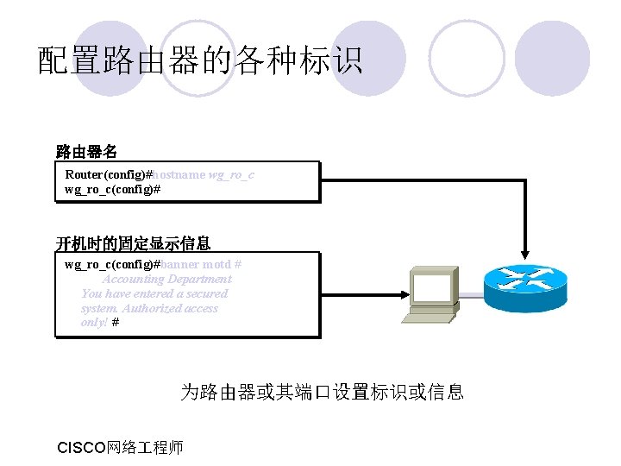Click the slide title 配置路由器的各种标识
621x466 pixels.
[x=200, y=60]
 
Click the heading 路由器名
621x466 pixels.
[x=86, y=152]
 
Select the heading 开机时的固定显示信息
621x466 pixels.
[x=133, y=242]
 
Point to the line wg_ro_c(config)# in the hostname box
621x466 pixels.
[x=113, y=188]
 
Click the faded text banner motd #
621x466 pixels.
[x=201, y=264]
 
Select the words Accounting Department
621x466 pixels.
[x=167, y=279]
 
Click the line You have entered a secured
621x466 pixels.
[x=154, y=293]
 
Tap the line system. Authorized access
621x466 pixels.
[x=149, y=308]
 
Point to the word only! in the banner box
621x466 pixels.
[x=94, y=322]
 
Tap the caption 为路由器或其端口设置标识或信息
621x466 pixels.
[x=322, y=393]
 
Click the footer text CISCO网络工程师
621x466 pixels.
[x=120, y=447]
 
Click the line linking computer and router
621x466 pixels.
[x=471, y=296]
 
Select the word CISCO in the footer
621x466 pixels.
[x=79, y=447]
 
